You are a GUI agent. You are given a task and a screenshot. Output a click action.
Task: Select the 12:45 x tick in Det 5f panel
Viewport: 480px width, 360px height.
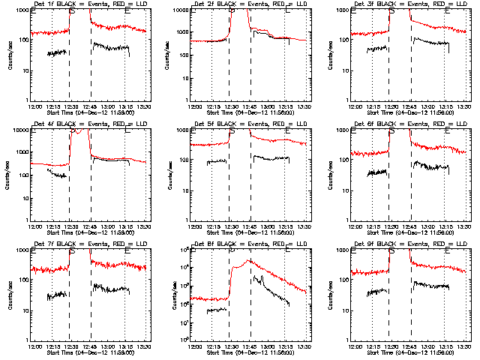(250, 226)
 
